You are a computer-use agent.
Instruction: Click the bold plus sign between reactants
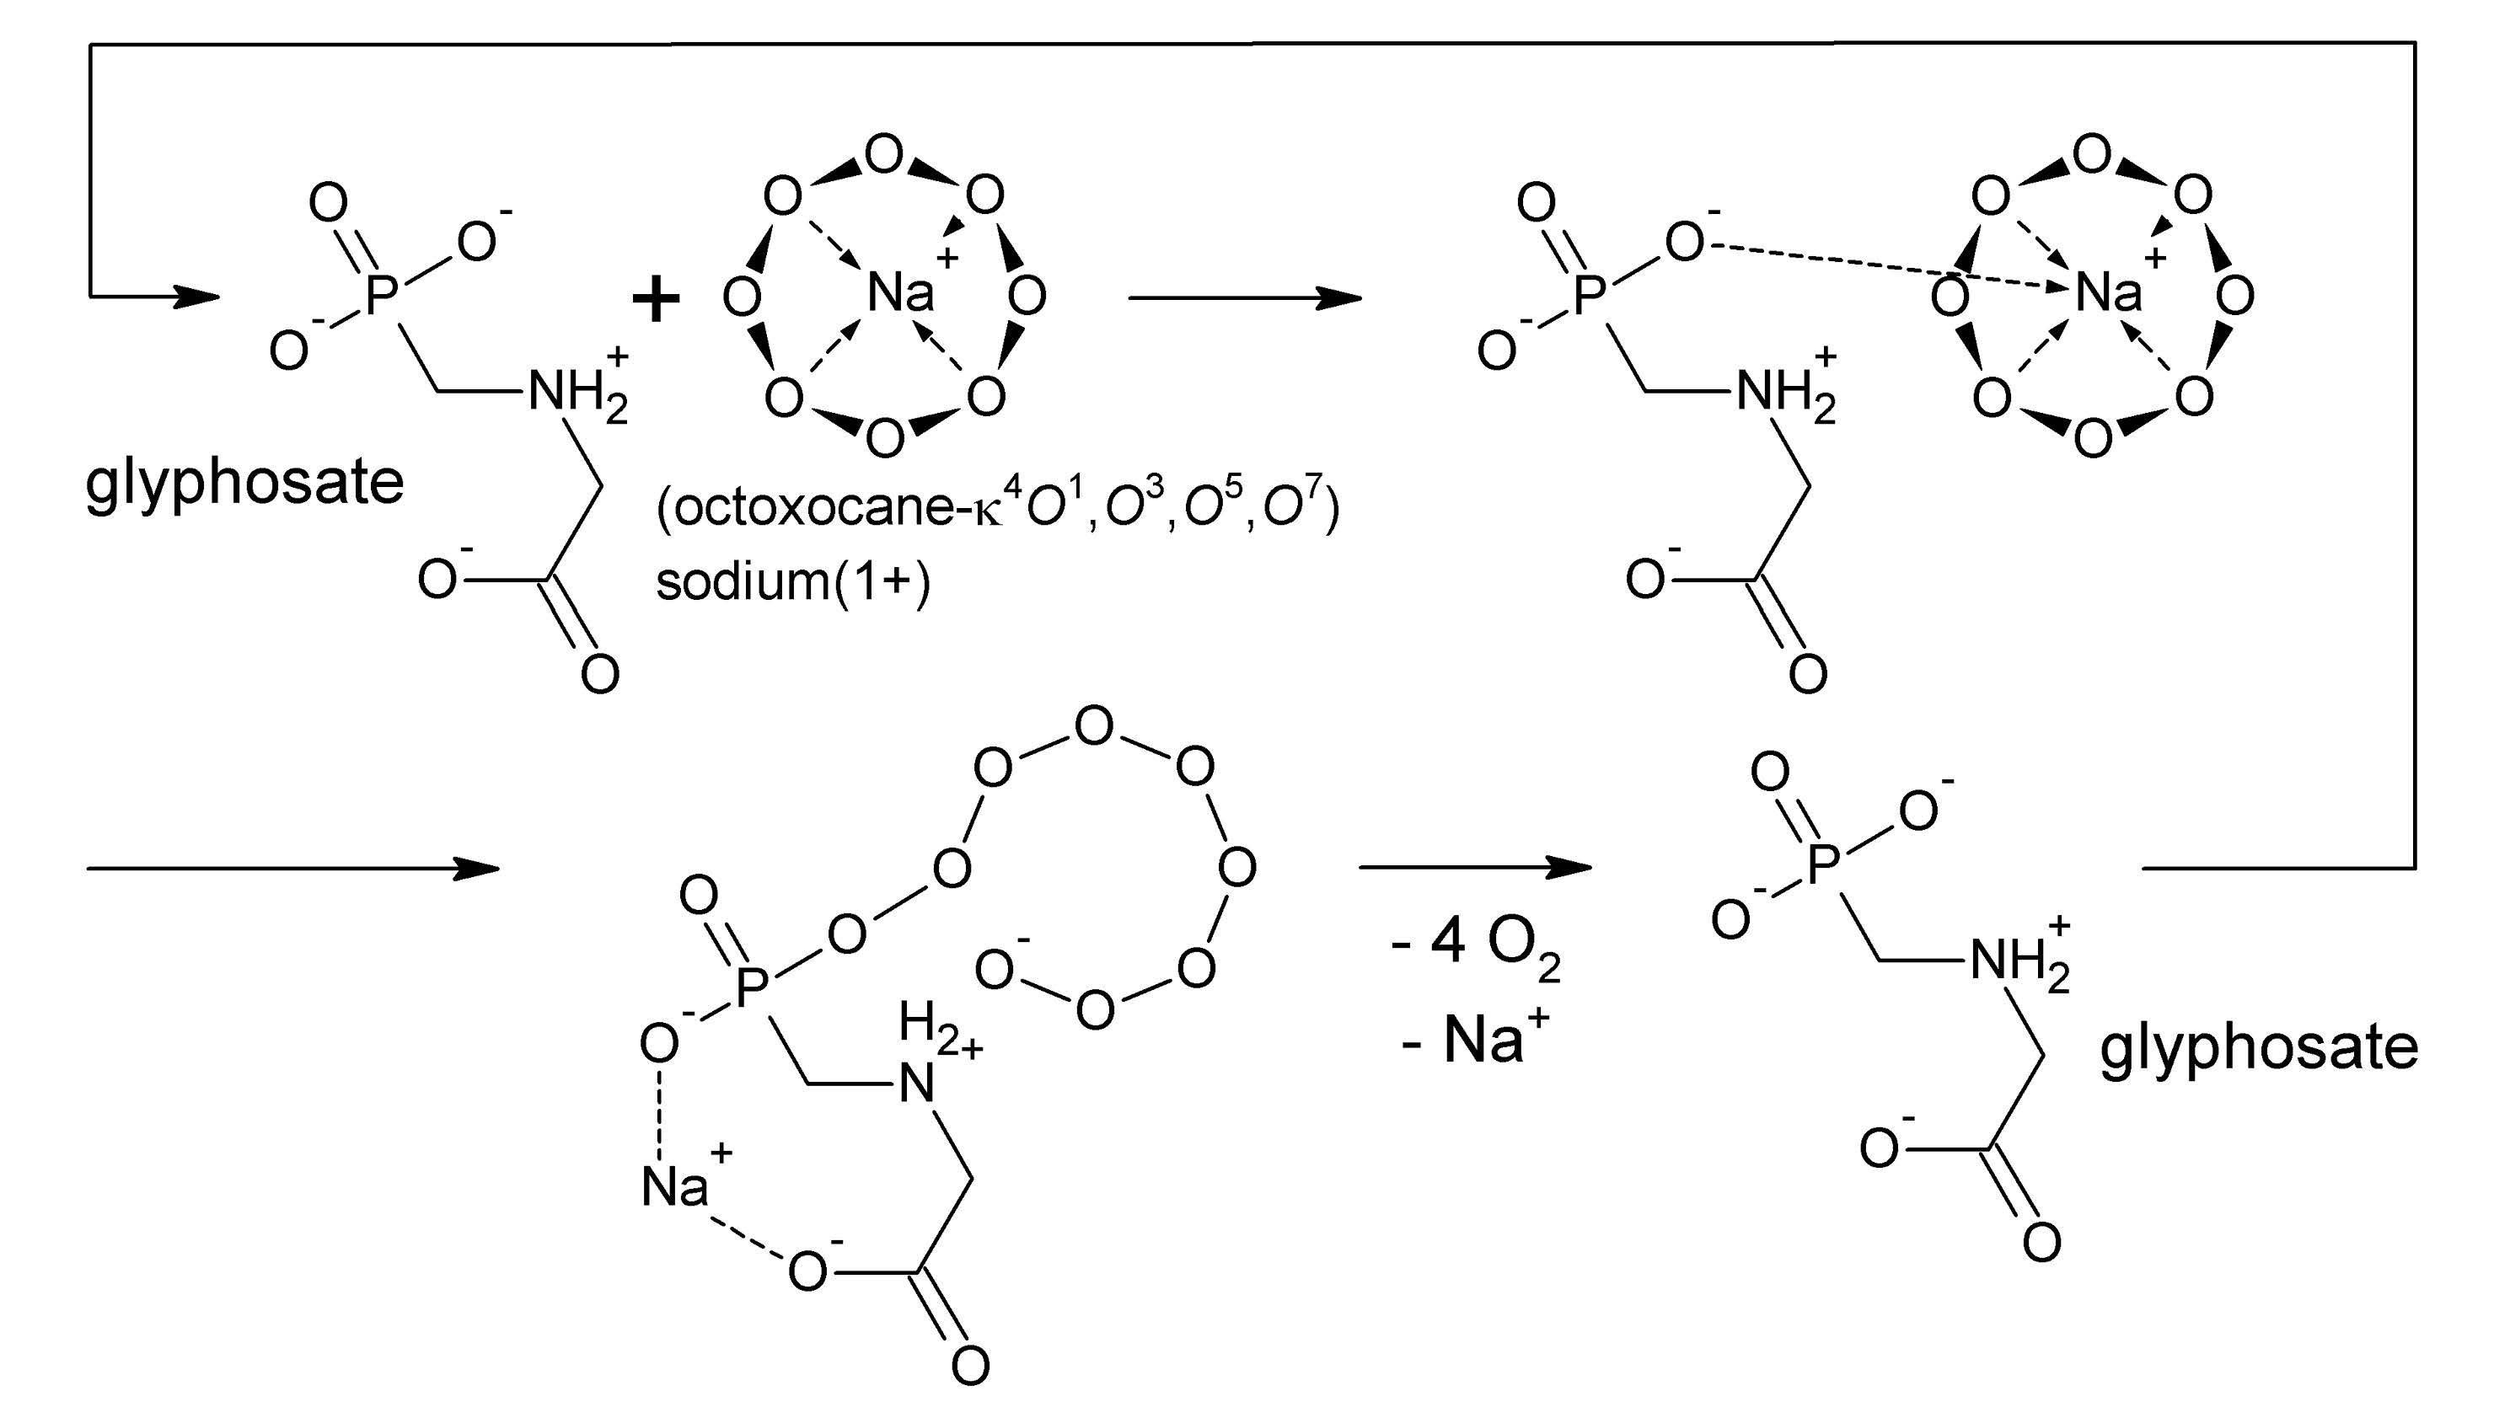tap(656, 298)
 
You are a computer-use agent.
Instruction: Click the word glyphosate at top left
tap(244, 483)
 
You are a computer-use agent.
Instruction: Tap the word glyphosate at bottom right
tap(2258, 1049)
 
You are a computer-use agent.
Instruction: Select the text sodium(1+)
tap(793, 582)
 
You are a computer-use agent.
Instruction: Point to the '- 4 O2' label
tap(1476, 944)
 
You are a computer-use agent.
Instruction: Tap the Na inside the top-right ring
tap(2108, 292)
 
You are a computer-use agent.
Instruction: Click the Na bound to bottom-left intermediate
tap(675, 1185)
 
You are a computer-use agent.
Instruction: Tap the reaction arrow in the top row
tap(1244, 298)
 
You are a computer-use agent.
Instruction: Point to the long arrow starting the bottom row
tap(292, 868)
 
